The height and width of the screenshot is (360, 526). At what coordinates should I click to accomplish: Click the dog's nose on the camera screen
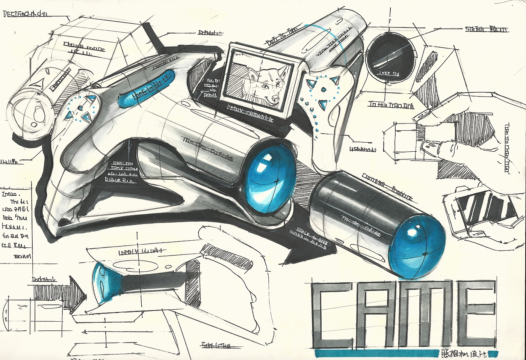(275, 98)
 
